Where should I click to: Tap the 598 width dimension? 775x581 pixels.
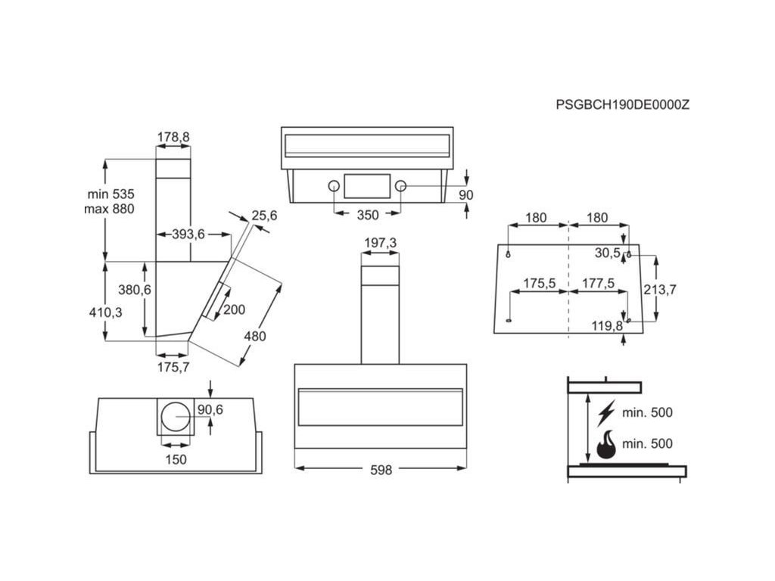pyautogui.click(x=381, y=470)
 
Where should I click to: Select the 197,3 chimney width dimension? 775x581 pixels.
pyautogui.click(x=380, y=243)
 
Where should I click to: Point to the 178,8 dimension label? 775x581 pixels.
pyautogui.click(x=173, y=137)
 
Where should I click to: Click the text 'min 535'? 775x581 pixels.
pyautogui.click(x=110, y=194)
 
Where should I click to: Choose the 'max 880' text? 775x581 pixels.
pyautogui.click(x=109, y=210)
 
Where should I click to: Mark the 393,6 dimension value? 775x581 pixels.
pyautogui.click(x=188, y=235)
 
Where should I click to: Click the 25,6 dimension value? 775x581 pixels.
pyautogui.click(x=264, y=216)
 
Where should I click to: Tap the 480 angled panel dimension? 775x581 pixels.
pyautogui.click(x=254, y=337)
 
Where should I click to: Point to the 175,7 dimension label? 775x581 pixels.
pyautogui.click(x=173, y=367)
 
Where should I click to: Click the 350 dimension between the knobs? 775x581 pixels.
pyautogui.click(x=366, y=215)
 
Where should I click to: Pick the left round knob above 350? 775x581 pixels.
pyautogui.click(x=332, y=186)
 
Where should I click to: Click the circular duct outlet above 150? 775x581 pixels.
pyautogui.click(x=176, y=418)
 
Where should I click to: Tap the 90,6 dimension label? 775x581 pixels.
pyautogui.click(x=210, y=409)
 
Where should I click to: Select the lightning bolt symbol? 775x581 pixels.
pyautogui.click(x=605, y=413)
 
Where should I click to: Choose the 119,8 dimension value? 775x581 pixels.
pyautogui.click(x=606, y=326)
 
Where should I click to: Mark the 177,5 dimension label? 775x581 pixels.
pyautogui.click(x=599, y=283)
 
